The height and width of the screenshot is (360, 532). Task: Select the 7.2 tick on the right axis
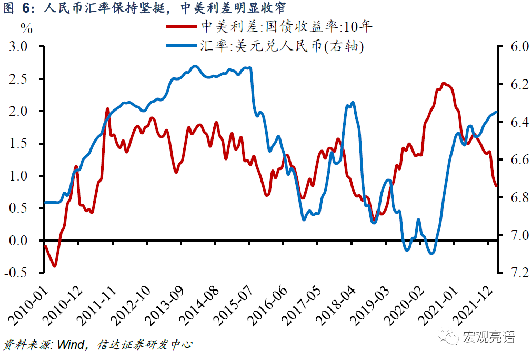tap(513, 273)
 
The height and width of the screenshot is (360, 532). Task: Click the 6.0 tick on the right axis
tap(513, 46)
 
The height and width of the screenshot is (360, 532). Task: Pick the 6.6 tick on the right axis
tap(513, 159)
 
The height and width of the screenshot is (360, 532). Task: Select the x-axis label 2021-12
tap(476, 302)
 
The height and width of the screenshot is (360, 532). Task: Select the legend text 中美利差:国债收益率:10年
tap(287, 27)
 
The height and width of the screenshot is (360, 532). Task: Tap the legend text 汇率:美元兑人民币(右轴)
tap(282, 46)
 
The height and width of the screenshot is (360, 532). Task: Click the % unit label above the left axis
tap(26, 29)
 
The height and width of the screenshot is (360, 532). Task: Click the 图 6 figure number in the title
tap(18, 8)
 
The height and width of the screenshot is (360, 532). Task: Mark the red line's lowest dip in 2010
tap(54, 266)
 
